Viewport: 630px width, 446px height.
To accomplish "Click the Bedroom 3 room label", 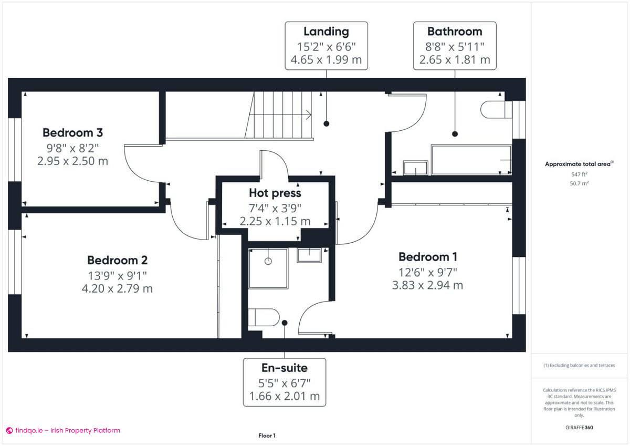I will pos(72,132).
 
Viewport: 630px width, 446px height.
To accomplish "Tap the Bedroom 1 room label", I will pos(427,257).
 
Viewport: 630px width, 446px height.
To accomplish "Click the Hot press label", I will pos(275,193).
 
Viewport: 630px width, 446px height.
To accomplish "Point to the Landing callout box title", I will pos(326,32).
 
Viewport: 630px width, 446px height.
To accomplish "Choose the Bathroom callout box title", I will pos(455,32).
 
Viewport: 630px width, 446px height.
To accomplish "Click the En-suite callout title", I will pos(284,368).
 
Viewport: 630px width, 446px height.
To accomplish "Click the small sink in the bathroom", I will pos(415,169).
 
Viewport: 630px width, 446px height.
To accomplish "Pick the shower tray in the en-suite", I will pos(268,268).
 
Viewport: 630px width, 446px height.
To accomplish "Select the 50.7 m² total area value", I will pos(579,183).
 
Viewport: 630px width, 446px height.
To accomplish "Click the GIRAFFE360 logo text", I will pos(579,428).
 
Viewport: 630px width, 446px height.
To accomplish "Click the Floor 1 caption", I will pos(267,435).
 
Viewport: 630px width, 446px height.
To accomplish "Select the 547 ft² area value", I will pos(579,174).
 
